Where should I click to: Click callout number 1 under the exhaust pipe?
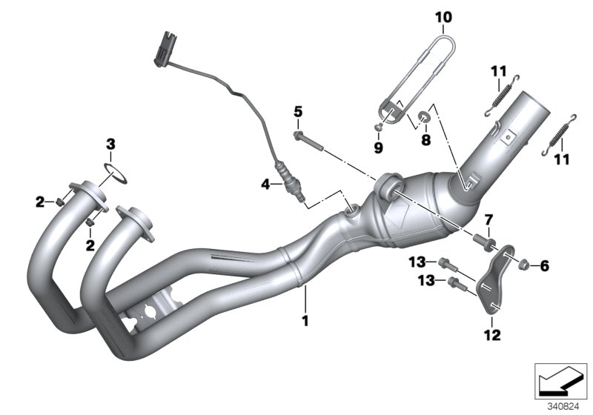303,322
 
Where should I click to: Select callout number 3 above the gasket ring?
110,143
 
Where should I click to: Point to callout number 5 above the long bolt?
297,112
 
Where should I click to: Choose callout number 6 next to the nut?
545,265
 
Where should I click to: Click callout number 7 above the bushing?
488,219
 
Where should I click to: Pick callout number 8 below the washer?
425,139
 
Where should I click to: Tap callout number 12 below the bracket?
490,336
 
